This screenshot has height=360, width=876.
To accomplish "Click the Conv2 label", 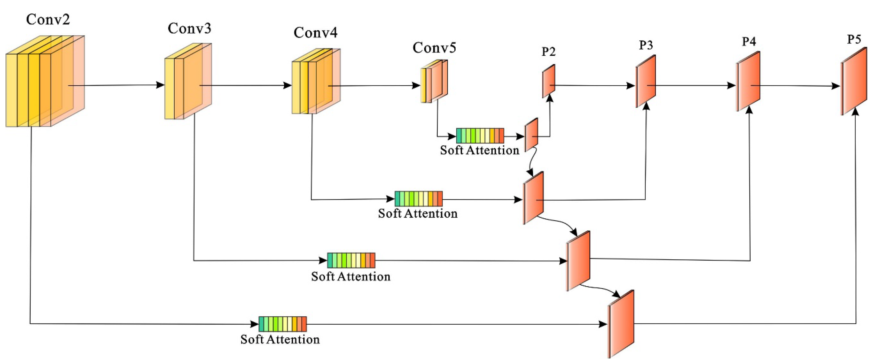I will (48, 19).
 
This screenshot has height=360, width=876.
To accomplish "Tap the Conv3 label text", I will (189, 28).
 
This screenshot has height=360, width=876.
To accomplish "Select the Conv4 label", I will (315, 33).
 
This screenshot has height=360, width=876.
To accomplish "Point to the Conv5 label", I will (434, 48).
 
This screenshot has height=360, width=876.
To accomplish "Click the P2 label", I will (548, 52).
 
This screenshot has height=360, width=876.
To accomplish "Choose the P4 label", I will (749, 41).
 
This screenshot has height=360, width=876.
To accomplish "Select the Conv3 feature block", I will (188, 82).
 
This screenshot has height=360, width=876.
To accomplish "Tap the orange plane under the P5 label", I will (854, 82).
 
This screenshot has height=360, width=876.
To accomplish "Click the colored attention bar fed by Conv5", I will (480, 136).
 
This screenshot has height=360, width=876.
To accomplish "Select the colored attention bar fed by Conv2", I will (283, 324).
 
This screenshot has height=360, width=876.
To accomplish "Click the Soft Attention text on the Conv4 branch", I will (418, 213).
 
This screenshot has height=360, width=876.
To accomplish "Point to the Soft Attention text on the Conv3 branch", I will (351, 276).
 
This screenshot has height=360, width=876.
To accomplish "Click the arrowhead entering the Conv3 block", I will (160, 85).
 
